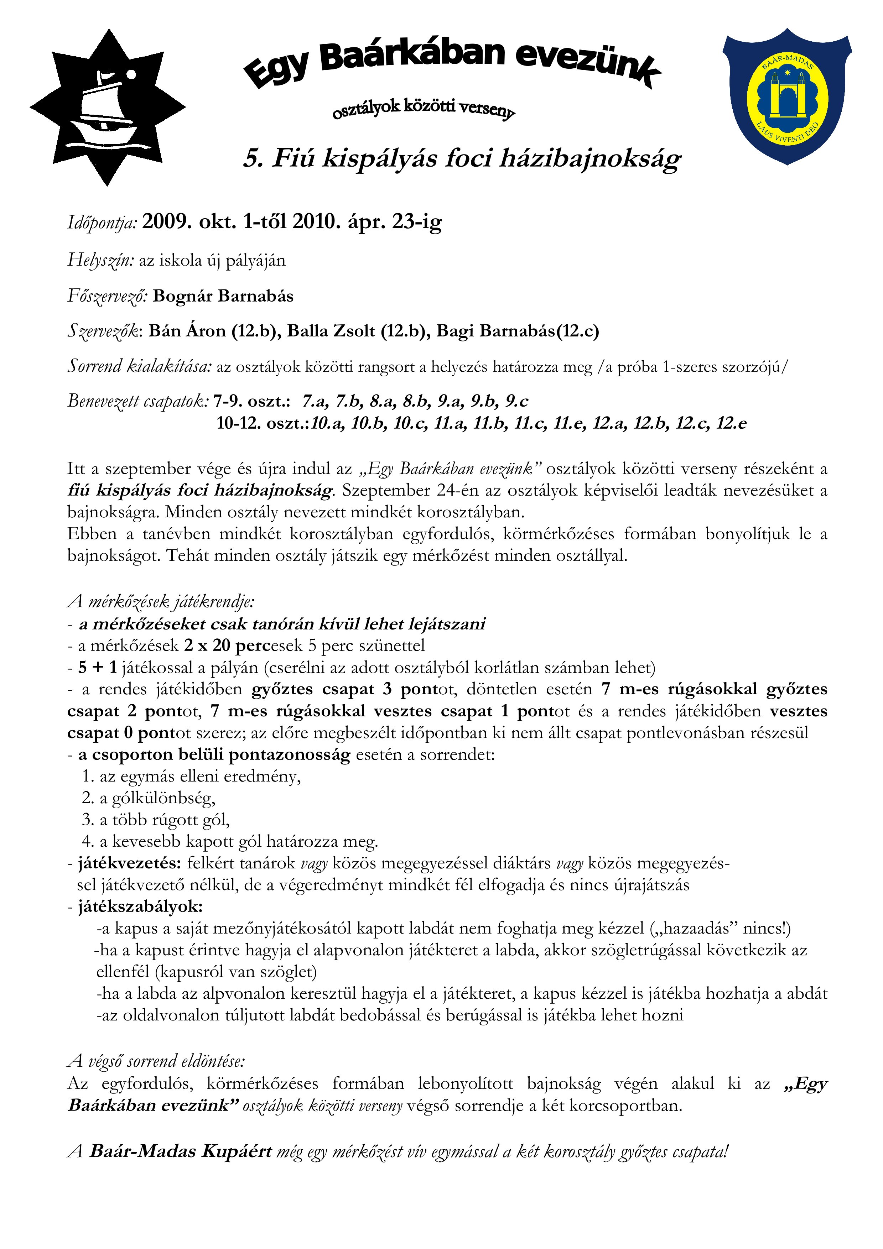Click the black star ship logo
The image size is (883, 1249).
[x=107, y=108]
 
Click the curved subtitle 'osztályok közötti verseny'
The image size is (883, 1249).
[x=423, y=108]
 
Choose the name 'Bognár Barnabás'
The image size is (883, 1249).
[x=223, y=296]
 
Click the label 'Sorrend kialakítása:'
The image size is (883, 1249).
[x=139, y=366]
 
